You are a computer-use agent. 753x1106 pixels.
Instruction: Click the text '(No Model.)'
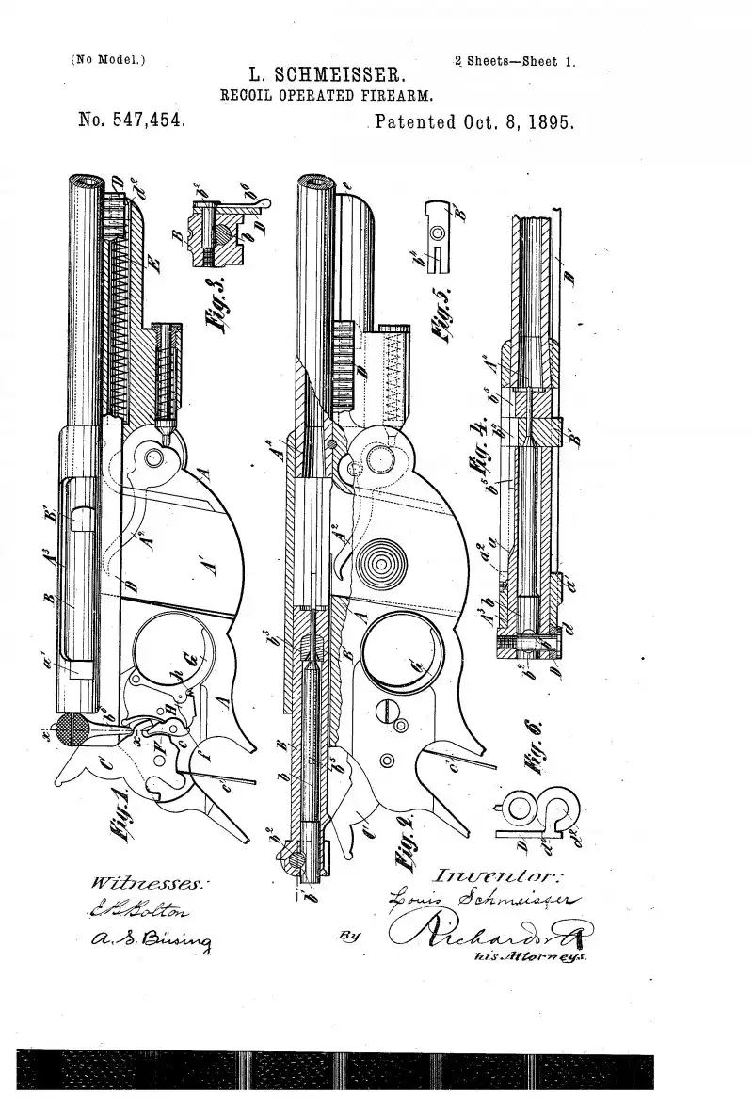(107, 60)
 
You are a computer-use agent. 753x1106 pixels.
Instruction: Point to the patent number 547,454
(132, 121)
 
